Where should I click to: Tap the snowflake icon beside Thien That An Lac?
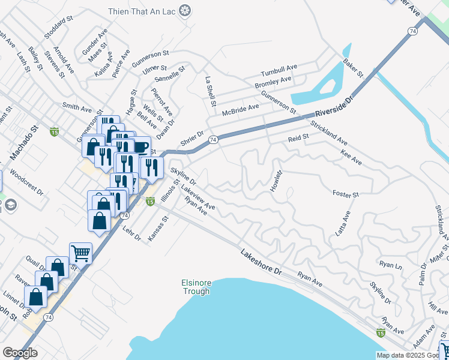(185, 11)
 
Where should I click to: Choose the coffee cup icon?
(141, 146)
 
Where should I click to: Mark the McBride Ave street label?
(240, 110)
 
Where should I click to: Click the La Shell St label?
(210, 92)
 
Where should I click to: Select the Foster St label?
(345, 194)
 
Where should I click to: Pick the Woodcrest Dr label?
(27, 185)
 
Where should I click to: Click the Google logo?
(20, 353)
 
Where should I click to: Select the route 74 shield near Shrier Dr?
(213, 139)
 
